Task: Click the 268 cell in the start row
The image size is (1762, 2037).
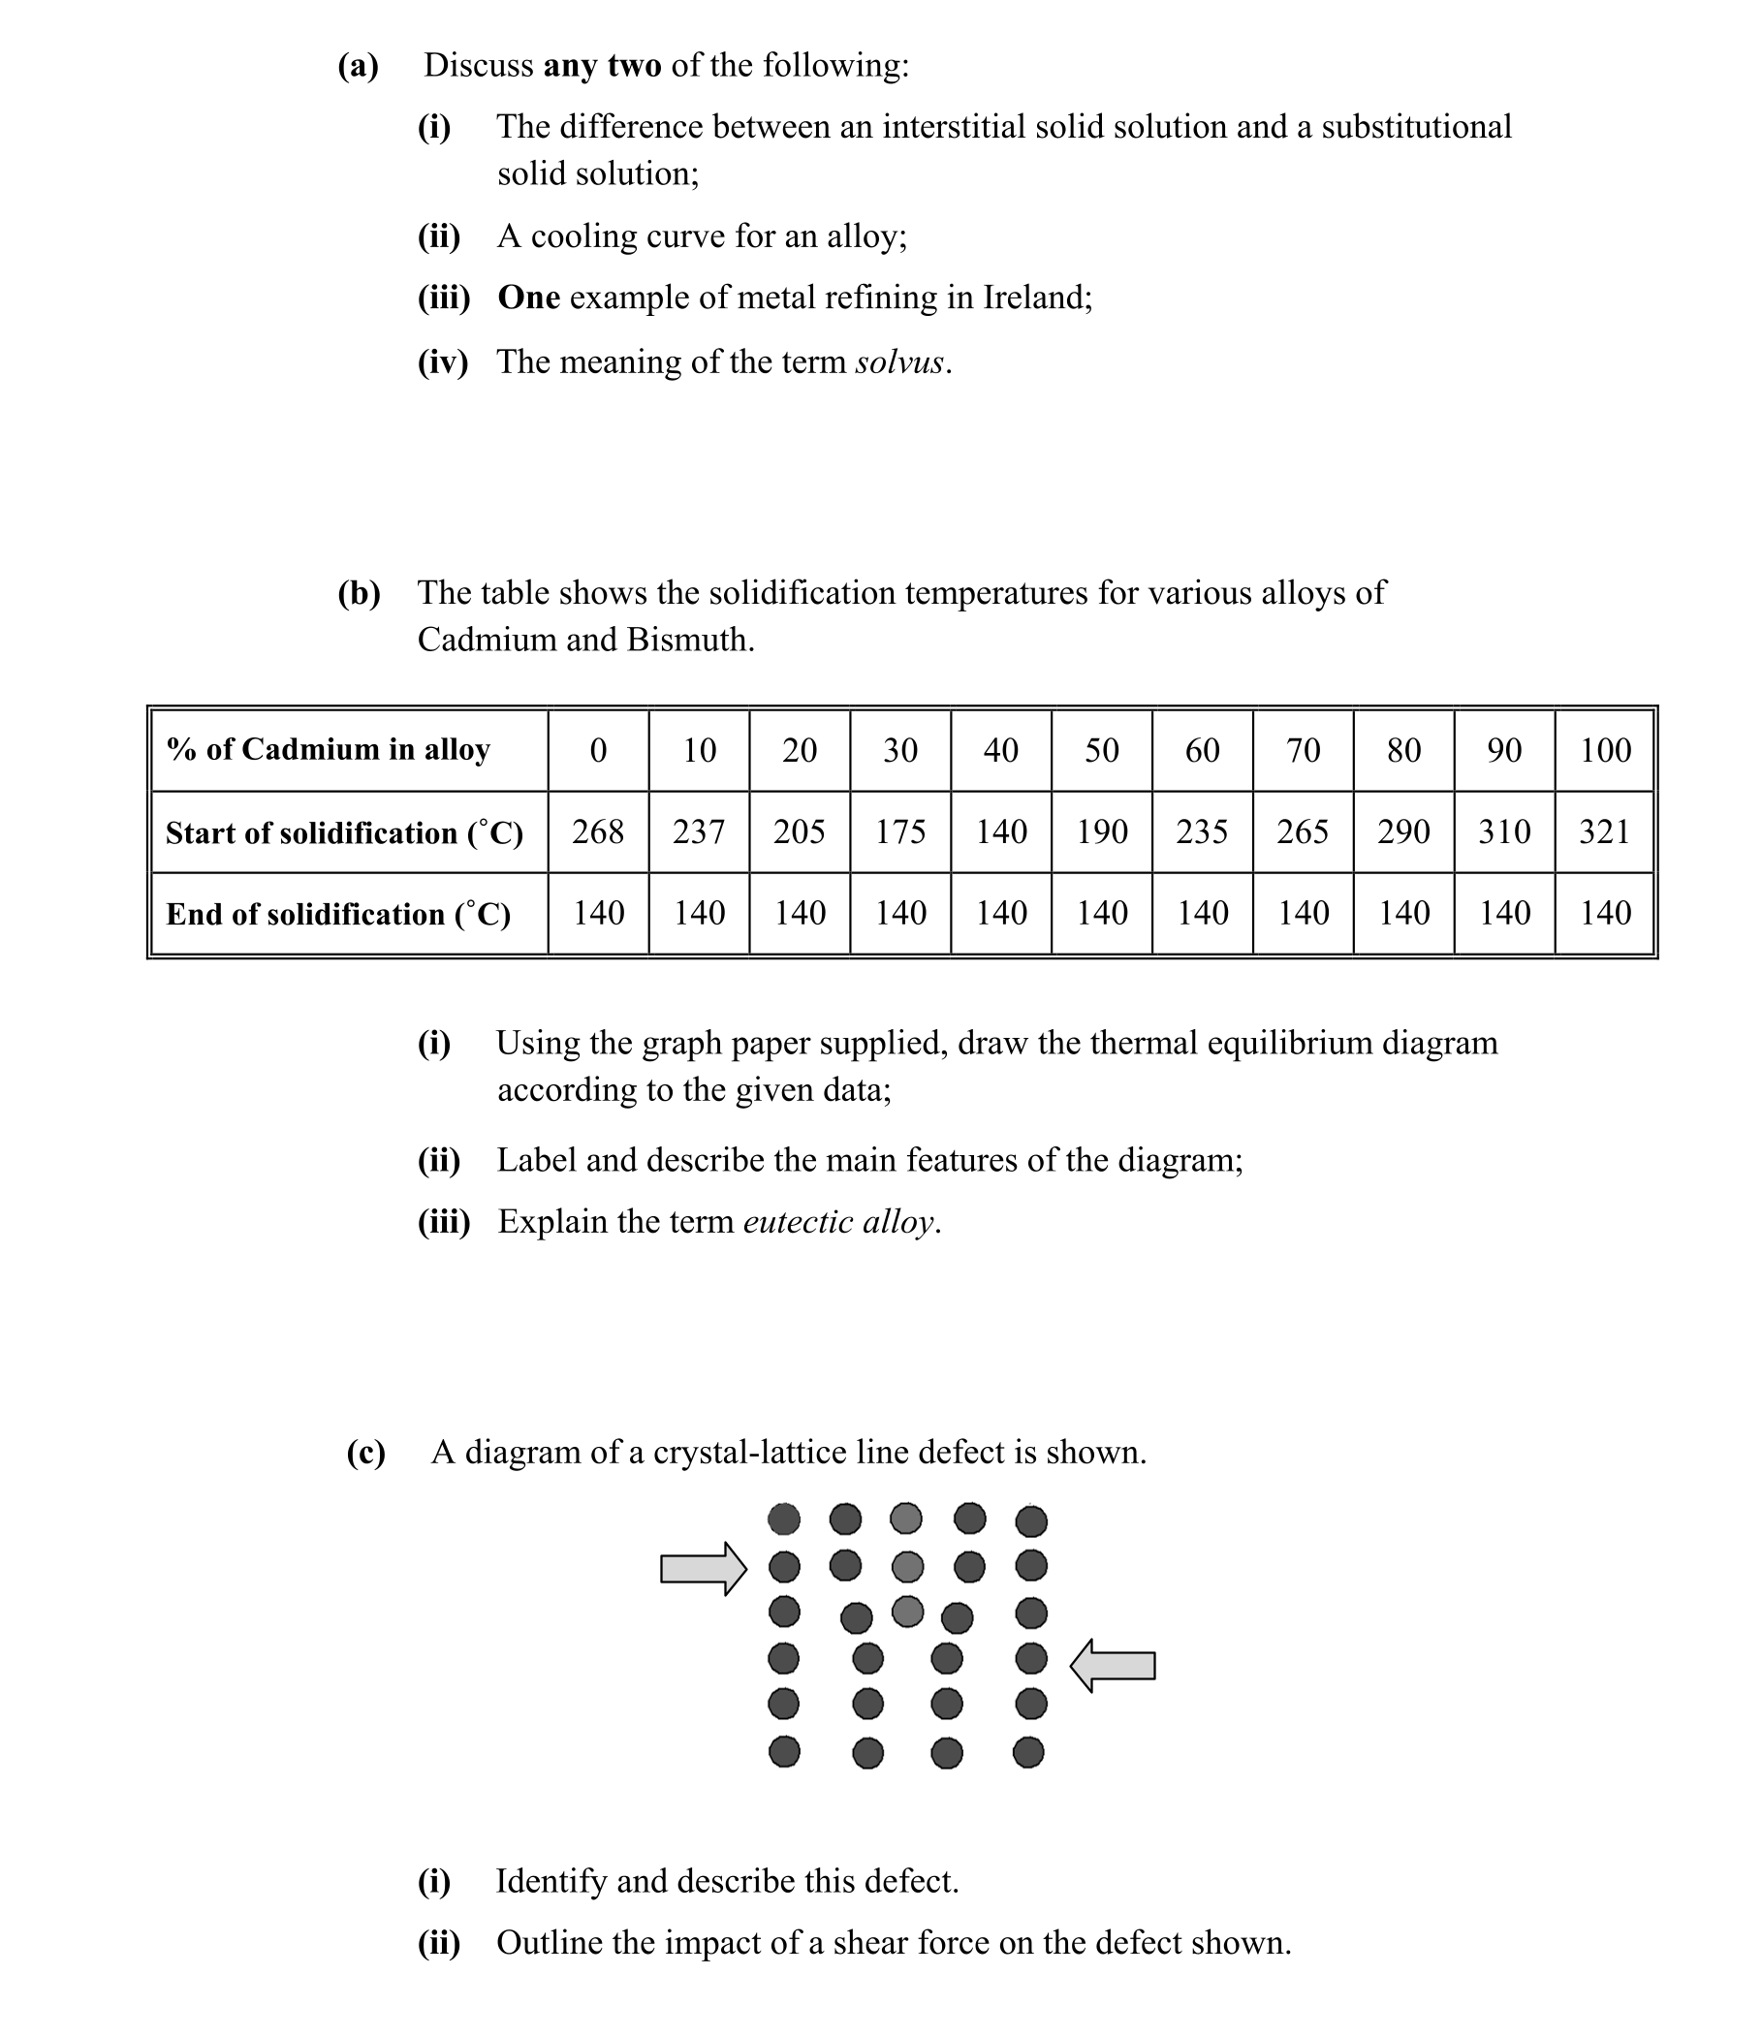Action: click(598, 831)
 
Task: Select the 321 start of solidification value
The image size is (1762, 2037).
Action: click(1605, 831)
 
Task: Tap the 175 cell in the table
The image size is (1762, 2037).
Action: click(899, 831)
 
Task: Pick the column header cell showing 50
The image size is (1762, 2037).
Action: click(1101, 750)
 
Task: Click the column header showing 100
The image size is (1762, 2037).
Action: click(1605, 750)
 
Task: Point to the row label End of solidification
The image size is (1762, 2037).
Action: click(338, 914)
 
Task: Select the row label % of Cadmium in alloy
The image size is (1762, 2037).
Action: click(328, 749)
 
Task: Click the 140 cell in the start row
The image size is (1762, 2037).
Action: click(1001, 831)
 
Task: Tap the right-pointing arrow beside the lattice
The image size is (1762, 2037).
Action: click(703, 1568)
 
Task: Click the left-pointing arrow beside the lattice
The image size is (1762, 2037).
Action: click(1112, 1666)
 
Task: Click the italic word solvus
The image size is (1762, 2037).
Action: click(898, 362)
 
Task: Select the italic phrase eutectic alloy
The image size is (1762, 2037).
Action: click(837, 1222)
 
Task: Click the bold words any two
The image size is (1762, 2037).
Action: click(602, 66)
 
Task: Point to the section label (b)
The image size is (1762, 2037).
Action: click(359, 593)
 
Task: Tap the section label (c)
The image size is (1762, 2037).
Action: click(365, 1452)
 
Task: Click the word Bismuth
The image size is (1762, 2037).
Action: click(689, 640)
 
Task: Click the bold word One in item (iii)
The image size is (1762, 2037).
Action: click(528, 297)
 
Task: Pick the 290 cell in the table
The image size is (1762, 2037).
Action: click(1403, 831)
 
